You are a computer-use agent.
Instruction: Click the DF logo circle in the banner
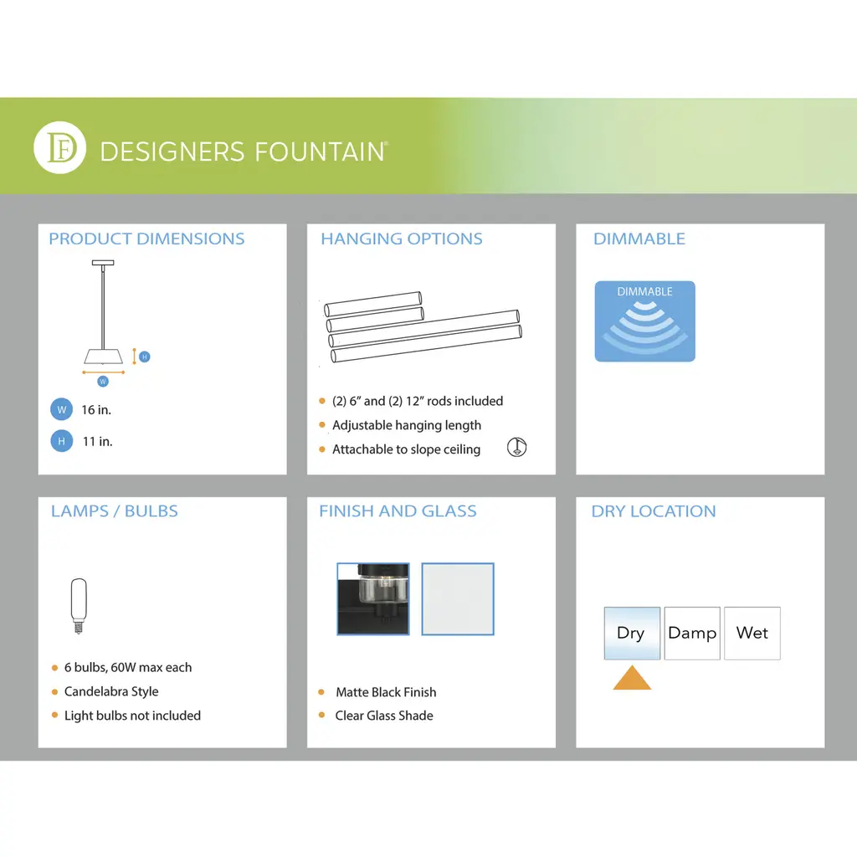pos(59,147)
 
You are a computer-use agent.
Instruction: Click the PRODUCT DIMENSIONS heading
pos(146,239)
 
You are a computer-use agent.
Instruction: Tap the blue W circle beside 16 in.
pos(62,409)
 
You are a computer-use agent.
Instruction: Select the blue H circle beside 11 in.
pos(62,441)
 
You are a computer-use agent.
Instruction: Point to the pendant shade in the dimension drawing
pos(103,357)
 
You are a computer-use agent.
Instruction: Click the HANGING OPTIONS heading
pos(402,239)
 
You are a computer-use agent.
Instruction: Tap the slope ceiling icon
pos(516,447)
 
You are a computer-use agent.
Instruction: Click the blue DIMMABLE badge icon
pos(645,321)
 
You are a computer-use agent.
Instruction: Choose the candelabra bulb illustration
pos(79,606)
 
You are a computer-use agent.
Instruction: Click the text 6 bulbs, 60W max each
pos(128,667)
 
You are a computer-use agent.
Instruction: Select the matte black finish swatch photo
pos(373,599)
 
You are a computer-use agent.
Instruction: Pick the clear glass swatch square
pos(458,599)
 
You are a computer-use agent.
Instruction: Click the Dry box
pos(632,633)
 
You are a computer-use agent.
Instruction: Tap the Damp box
pos(692,633)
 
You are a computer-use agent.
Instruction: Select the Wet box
pos(752,633)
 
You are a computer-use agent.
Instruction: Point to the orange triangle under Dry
pos(632,680)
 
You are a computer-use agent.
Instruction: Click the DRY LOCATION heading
pos(654,511)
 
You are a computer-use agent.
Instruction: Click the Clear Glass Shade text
pos(384,716)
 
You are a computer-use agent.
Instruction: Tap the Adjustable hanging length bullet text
pos(407,425)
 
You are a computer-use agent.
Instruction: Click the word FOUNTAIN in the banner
pos(321,152)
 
